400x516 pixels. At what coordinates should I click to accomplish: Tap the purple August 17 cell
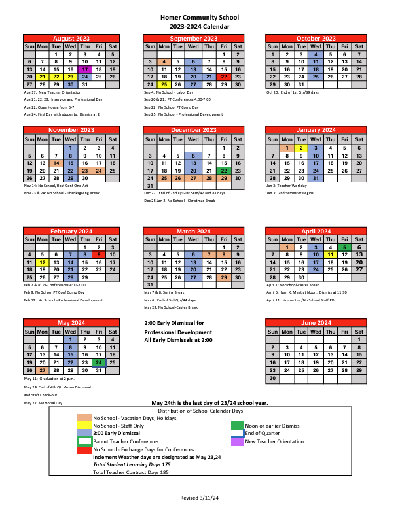point(84,69)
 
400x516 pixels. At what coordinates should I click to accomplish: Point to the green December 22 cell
point(224,171)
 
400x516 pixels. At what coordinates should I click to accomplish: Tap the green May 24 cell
point(98,362)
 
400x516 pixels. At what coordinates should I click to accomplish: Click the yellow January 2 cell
point(300,148)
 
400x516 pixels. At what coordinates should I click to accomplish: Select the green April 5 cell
point(344,247)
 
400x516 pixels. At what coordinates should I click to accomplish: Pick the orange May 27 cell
point(43,370)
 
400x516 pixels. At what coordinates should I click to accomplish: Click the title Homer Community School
point(199,18)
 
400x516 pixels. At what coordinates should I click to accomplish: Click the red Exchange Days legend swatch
point(84,450)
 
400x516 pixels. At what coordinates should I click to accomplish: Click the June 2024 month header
point(316,323)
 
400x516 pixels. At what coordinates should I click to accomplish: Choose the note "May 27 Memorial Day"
point(43,403)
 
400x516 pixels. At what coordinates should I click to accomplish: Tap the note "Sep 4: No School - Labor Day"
point(166,93)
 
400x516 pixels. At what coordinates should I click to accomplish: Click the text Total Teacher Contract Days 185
point(131,472)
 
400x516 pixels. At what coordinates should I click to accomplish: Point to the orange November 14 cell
point(56,163)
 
